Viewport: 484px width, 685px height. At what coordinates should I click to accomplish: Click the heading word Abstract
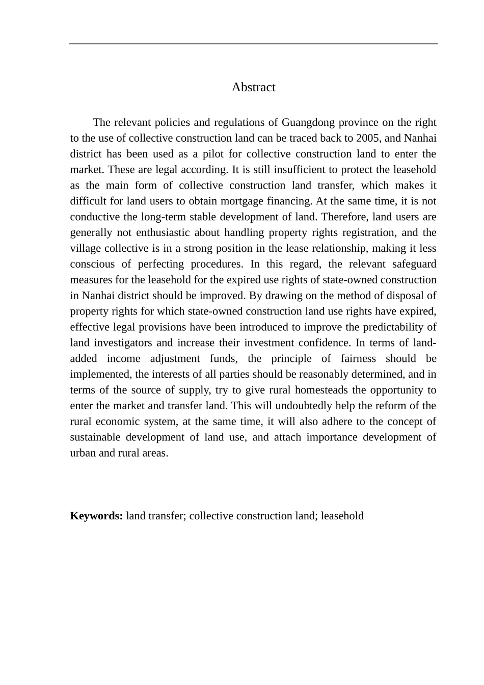(253, 87)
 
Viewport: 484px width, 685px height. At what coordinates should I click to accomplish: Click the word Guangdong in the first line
(307, 122)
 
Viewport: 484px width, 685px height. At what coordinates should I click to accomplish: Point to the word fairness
(358, 359)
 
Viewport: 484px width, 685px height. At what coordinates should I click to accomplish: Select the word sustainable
(95, 437)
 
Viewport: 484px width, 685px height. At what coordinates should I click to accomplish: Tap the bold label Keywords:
(96, 516)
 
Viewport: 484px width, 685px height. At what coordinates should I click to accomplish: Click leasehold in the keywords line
(342, 516)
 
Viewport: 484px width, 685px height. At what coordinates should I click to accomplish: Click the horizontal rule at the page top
(253, 44)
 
